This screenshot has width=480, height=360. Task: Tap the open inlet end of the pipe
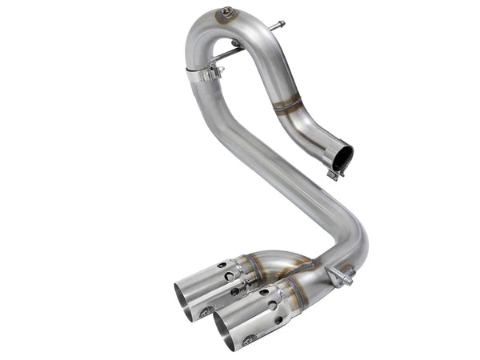(x=342, y=158)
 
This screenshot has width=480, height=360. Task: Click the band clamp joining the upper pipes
(x=206, y=74)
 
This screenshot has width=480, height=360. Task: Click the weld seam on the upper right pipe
(x=286, y=104)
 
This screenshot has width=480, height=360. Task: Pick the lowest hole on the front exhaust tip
(x=277, y=320)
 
